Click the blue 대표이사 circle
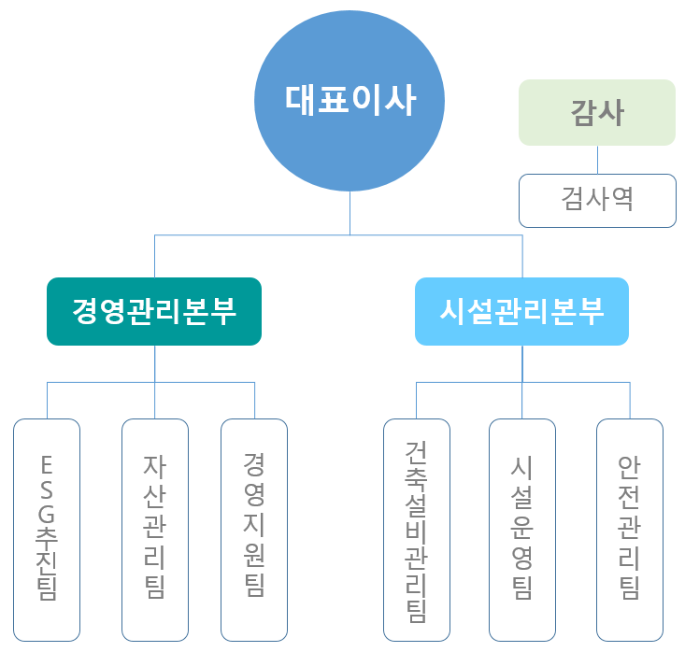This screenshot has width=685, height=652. [350, 100]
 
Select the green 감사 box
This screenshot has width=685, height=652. [597, 112]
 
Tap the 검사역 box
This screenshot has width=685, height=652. [597, 200]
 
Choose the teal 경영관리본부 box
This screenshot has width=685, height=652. [154, 311]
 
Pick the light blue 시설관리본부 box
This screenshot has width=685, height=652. [521, 311]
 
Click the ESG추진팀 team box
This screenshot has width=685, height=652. [48, 530]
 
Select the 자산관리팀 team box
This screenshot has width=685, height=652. [155, 530]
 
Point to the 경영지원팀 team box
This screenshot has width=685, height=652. [254, 530]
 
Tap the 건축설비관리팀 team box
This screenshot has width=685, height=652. [417, 530]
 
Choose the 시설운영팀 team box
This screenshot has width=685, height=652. [522, 530]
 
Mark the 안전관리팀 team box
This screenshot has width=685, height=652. [630, 530]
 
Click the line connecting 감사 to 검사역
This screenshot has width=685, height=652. [598, 160]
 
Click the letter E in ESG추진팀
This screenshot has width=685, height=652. [48, 463]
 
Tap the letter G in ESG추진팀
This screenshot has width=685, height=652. [48, 512]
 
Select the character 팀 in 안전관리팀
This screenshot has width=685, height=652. [630, 588]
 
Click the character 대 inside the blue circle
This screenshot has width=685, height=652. [301, 100]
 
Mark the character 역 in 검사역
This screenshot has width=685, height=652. [622, 200]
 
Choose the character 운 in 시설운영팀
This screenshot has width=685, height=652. [522, 530]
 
